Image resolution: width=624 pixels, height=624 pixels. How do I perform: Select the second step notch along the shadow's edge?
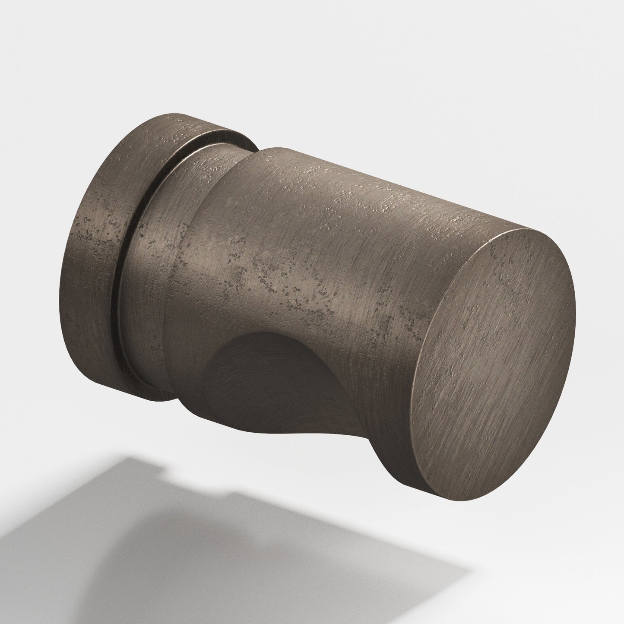coord(233,492)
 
